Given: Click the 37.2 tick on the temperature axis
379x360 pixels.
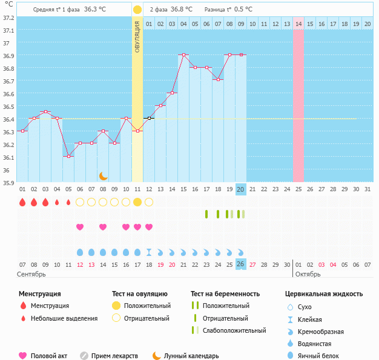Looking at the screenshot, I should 8,18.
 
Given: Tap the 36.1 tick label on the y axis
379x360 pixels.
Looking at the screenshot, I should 8,158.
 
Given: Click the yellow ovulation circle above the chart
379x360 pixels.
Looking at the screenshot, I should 137,10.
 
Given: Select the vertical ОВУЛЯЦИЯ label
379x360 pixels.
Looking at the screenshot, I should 137,36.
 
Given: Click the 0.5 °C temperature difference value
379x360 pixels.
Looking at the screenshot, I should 243,10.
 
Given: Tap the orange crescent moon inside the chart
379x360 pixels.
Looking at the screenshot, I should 104,175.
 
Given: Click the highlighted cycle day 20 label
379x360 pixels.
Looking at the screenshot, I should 240,189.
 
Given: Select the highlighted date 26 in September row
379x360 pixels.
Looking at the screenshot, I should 240,264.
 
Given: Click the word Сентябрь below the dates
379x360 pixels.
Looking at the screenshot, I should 31,275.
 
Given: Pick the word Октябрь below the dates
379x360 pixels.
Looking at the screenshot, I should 308,275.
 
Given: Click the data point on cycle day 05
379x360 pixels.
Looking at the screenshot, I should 68,156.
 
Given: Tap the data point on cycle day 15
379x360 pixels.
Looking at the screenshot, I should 183,54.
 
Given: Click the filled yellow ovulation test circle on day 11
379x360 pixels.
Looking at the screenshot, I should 137,202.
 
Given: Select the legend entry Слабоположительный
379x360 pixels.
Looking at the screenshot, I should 234,330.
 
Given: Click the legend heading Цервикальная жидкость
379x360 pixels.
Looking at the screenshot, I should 324,294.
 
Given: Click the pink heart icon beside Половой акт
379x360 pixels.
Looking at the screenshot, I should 24,356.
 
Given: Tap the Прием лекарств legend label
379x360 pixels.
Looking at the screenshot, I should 114,356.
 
